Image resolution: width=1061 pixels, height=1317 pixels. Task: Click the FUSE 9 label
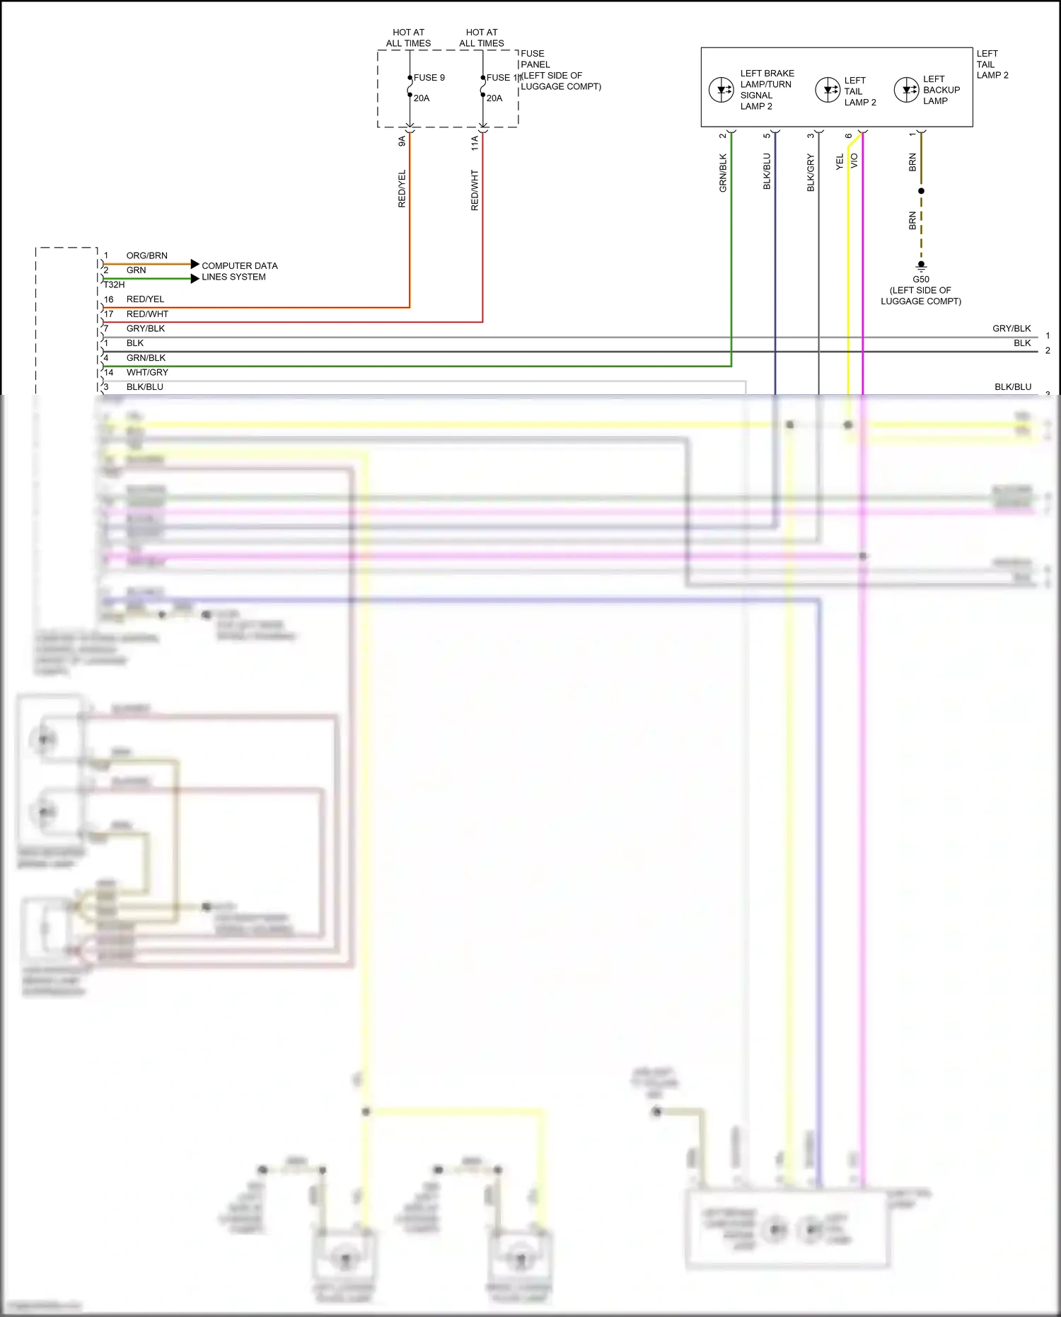click(x=429, y=78)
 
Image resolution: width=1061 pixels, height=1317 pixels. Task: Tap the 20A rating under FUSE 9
click(x=422, y=98)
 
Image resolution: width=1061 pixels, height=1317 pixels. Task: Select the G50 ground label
click(x=920, y=280)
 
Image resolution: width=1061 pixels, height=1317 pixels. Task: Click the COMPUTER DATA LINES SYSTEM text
click(x=239, y=271)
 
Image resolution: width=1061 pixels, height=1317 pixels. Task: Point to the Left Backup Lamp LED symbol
click(x=906, y=90)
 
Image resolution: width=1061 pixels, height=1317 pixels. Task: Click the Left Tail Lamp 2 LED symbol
click(x=828, y=90)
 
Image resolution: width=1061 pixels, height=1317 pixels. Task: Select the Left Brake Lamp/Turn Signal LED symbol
click(x=721, y=90)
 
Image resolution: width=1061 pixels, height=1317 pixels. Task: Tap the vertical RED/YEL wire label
click(x=402, y=188)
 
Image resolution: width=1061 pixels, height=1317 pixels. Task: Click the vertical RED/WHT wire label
click(x=475, y=190)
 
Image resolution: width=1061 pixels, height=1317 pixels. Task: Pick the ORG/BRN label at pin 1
click(x=146, y=255)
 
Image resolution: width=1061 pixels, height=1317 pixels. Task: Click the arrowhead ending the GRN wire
click(x=195, y=279)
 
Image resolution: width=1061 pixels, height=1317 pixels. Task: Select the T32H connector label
click(x=114, y=284)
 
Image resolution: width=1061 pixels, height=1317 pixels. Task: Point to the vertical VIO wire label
click(x=854, y=161)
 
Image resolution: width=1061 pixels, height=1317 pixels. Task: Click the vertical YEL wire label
click(x=840, y=162)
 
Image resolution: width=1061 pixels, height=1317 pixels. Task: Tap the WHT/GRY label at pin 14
click(x=147, y=372)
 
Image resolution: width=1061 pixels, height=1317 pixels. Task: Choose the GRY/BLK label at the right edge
click(x=1011, y=328)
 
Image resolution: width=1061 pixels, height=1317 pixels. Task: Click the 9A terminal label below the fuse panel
click(x=402, y=141)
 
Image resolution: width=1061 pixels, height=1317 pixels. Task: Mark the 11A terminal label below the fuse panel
click(x=475, y=143)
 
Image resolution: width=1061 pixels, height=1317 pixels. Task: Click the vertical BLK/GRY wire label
click(x=811, y=173)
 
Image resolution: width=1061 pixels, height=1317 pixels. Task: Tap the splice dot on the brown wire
click(x=921, y=191)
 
